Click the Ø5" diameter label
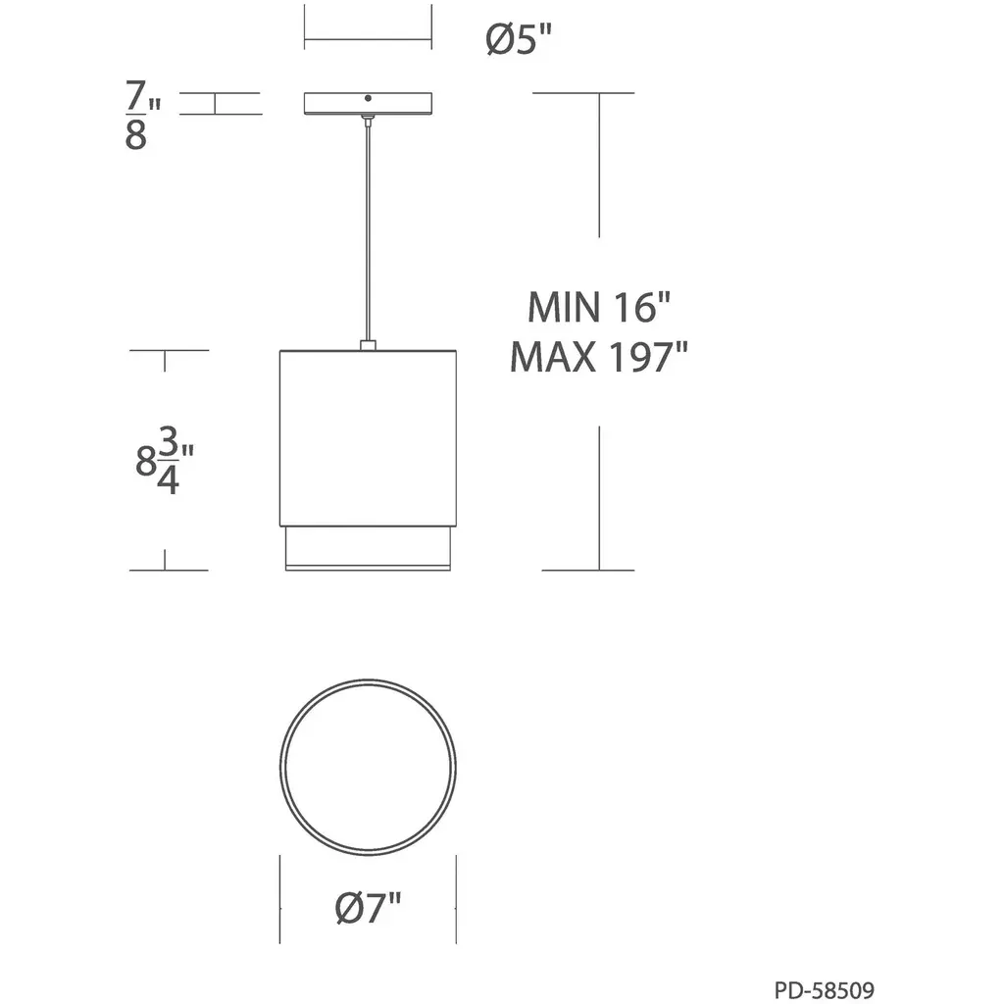pos(518,39)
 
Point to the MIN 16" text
pos(599,307)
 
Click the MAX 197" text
pos(599,357)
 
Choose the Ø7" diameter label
pos(369,907)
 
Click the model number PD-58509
pos(824,990)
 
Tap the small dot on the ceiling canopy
pos(368,98)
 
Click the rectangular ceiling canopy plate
pos(369,104)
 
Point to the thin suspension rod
pos(368,230)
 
